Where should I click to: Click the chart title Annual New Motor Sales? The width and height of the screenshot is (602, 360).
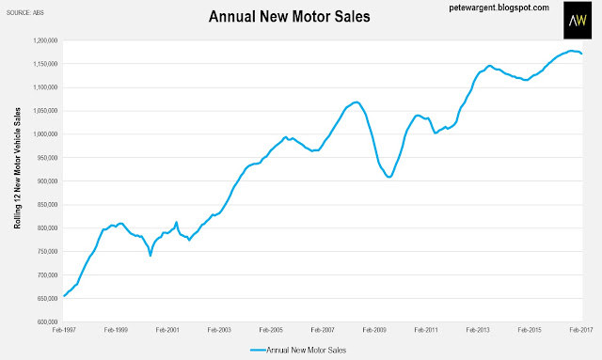pos(289,17)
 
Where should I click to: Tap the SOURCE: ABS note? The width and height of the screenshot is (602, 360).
pos(25,12)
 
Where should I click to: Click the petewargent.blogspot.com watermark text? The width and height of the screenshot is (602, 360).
pos(499,8)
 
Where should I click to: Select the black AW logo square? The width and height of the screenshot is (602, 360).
pos(578,20)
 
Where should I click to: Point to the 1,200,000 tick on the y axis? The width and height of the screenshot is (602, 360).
pos(46,40)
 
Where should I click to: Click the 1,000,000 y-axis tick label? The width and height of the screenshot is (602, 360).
pos(46,134)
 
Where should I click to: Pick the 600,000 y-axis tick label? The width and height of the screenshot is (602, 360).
pos(48,321)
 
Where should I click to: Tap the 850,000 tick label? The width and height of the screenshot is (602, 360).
pos(48,205)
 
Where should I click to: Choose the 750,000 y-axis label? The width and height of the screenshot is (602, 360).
pos(48,251)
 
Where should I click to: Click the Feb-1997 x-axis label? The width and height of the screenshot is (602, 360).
pos(64,330)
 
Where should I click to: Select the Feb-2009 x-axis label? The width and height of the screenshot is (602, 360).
pos(374,330)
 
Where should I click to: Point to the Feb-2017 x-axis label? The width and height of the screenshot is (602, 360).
pos(581,330)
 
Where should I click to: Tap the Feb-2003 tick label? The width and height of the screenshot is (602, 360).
pos(219,330)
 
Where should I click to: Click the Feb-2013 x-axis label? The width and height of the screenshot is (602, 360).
pos(478,330)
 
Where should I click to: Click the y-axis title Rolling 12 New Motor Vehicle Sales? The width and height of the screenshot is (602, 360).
pos(17,168)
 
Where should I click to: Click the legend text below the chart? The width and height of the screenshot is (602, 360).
pos(307,350)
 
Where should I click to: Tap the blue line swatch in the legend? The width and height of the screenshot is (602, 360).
pos(258,350)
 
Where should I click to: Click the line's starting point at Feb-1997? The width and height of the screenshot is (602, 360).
pos(64,296)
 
